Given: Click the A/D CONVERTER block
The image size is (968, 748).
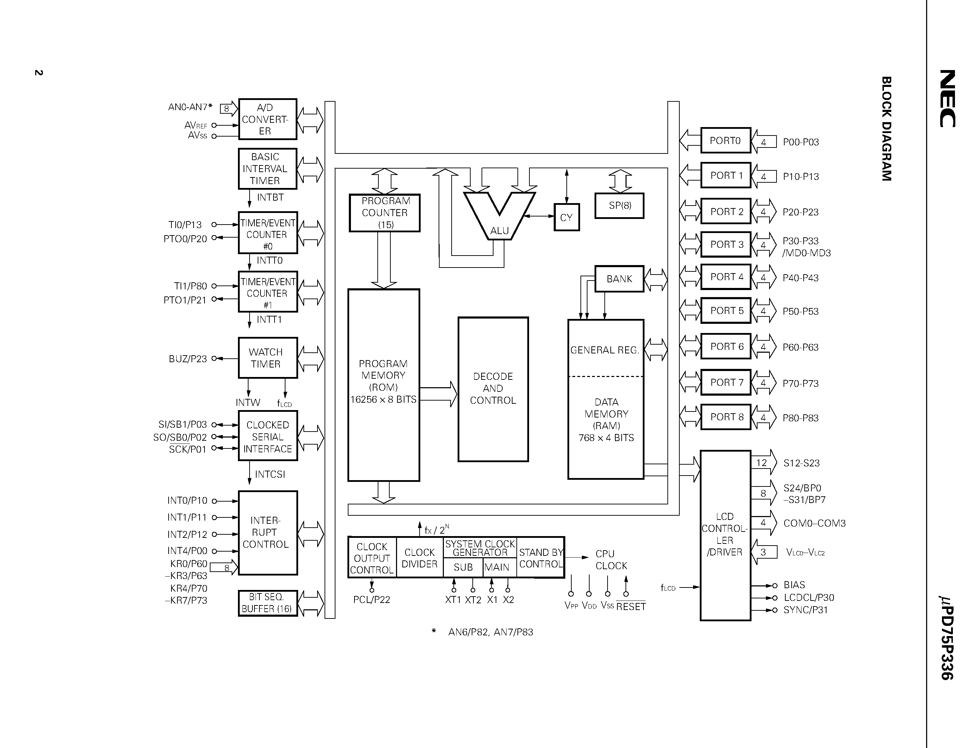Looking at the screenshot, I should click(267, 119).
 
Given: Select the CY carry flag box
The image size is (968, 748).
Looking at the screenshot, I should click(566, 218).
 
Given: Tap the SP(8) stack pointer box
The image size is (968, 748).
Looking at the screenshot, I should click(619, 206).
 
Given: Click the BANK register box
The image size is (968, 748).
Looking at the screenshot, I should click(619, 279).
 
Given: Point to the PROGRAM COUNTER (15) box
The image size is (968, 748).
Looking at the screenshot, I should click(384, 213).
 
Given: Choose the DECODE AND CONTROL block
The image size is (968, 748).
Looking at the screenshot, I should click(493, 389).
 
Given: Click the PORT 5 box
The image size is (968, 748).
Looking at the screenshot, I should click(726, 310).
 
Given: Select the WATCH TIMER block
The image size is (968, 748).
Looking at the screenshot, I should click(267, 358).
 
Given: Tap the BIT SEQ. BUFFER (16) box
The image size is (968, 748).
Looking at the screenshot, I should click(267, 603).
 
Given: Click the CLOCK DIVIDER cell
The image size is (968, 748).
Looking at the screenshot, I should click(419, 558).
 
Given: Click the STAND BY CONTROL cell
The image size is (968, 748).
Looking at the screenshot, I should click(541, 558).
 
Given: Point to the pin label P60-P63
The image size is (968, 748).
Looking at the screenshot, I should click(800, 347).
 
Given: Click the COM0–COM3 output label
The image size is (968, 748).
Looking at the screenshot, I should click(814, 523).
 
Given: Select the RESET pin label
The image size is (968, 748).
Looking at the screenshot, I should click(631, 606).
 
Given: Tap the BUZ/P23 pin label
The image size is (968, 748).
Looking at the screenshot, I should click(188, 359).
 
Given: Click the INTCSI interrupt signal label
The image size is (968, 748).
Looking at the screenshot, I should click(270, 474).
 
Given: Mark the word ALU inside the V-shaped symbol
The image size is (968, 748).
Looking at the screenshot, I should click(499, 231).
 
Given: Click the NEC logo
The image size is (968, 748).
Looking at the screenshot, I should click(948, 98).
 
